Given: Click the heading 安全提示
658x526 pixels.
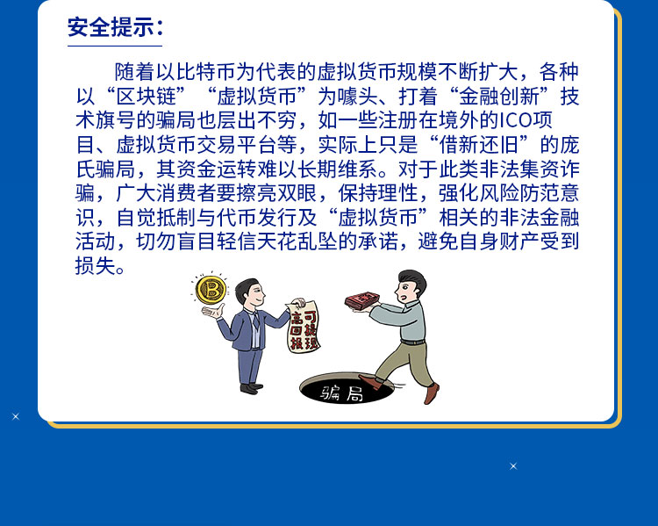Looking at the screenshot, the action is point(111,28).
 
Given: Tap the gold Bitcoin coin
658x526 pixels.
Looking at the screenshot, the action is point(211,290).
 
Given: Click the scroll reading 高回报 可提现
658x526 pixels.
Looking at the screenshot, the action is point(303,327).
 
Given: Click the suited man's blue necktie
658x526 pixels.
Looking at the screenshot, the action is point(255,321).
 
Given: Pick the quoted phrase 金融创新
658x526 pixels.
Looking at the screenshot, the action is point(499,97).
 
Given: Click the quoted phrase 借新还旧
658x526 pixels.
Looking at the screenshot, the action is point(479,145).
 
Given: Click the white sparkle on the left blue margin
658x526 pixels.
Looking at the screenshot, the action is point(16,416).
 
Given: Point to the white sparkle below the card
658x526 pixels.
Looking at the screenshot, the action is point(513,466).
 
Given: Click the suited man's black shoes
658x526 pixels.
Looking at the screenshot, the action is point(252,388).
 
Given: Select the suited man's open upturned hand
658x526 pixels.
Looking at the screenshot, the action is point(213,312).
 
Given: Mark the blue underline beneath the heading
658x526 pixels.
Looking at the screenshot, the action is point(115,46).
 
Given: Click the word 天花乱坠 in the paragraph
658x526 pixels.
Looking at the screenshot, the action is point(297,241).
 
